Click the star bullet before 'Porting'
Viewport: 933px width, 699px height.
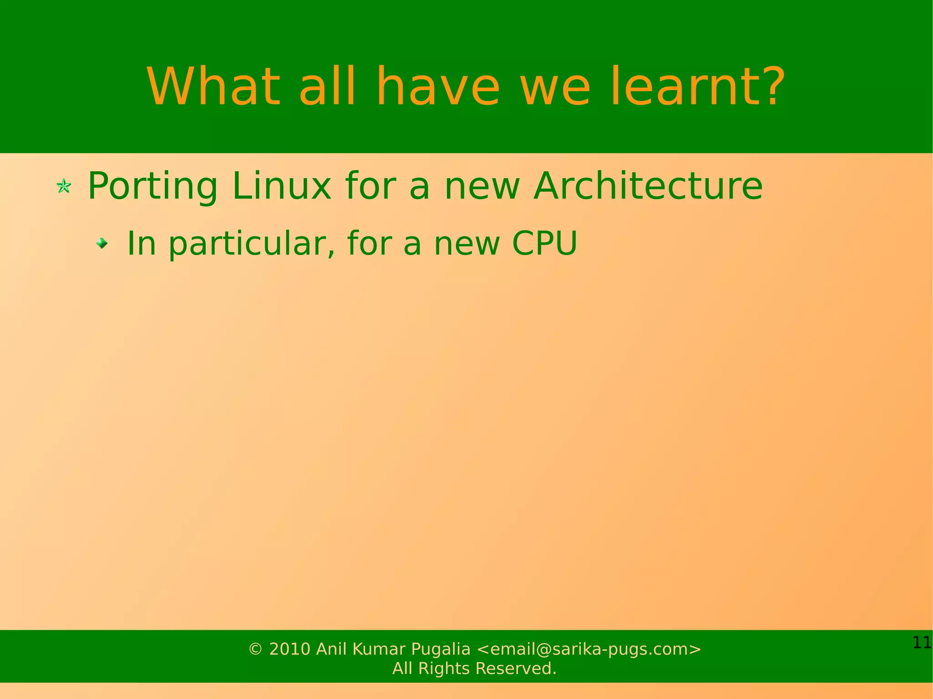[x=64, y=186]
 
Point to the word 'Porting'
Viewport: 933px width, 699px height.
[x=153, y=187]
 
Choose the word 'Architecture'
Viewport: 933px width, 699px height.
[x=648, y=186]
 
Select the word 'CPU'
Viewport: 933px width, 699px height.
[x=544, y=243]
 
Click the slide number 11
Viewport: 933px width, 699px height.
[x=922, y=643]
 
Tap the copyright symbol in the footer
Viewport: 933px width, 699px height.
[x=256, y=649]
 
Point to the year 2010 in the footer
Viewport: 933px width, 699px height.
[x=290, y=649]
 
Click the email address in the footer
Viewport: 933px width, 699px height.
[x=589, y=649]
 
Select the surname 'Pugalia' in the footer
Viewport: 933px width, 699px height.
[x=441, y=649]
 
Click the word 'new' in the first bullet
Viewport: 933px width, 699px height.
[x=482, y=186]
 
